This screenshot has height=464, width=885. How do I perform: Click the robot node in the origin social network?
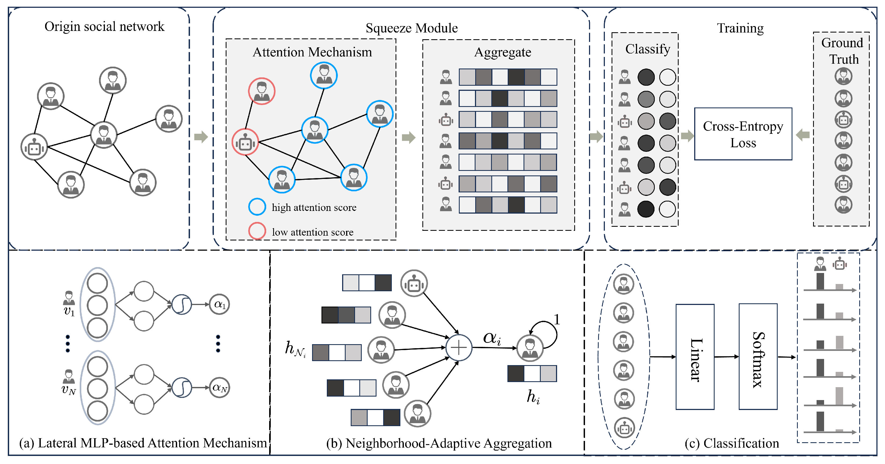tap(34, 147)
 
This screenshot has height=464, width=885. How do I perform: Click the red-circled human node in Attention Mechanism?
tap(262, 91)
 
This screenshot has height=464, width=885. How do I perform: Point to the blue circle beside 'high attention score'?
tap(257, 207)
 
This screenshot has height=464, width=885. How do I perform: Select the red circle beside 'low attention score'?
tap(257, 231)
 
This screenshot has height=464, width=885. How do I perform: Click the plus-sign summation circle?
tap(459, 347)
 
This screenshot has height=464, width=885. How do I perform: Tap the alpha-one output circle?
tap(220, 304)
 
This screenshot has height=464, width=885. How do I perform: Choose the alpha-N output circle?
tap(220, 388)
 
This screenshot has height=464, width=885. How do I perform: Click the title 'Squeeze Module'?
tap(412, 28)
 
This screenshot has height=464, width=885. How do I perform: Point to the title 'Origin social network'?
tap(104, 27)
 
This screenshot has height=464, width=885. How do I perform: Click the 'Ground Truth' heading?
tap(842, 51)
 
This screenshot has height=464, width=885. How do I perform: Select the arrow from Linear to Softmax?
tap(727, 357)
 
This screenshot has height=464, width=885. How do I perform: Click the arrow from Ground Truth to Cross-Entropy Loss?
tap(803, 135)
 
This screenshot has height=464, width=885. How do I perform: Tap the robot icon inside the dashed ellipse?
tap(624, 428)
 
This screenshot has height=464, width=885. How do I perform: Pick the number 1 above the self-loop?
tap(557, 319)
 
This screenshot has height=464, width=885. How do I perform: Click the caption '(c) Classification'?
tap(732, 443)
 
